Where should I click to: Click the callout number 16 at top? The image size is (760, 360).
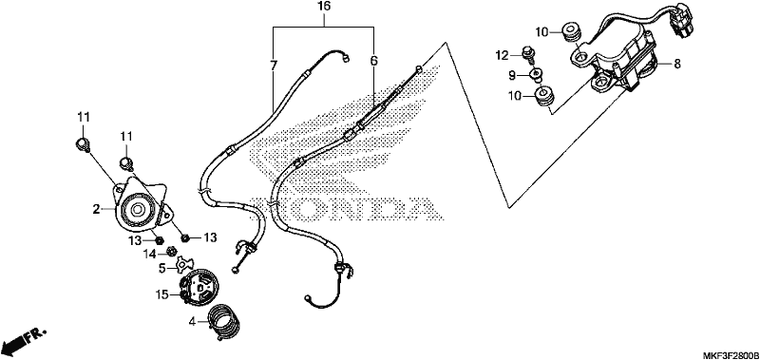324,7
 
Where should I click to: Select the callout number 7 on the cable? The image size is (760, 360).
274,66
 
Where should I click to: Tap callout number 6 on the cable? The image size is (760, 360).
373,61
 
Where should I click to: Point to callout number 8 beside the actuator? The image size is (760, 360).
677,64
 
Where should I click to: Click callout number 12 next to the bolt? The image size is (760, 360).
502,56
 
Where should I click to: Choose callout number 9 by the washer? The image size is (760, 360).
512,75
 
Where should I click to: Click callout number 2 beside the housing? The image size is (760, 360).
97,209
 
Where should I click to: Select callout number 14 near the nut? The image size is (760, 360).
149,253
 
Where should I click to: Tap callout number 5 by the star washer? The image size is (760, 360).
163,267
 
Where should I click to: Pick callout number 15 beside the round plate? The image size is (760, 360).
161,294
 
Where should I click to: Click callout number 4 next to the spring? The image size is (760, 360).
193,321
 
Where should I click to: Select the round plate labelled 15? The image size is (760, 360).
199,290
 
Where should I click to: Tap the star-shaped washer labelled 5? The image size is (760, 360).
184,263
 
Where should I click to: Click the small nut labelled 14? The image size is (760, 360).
170,251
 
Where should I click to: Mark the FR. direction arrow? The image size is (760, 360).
23,341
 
